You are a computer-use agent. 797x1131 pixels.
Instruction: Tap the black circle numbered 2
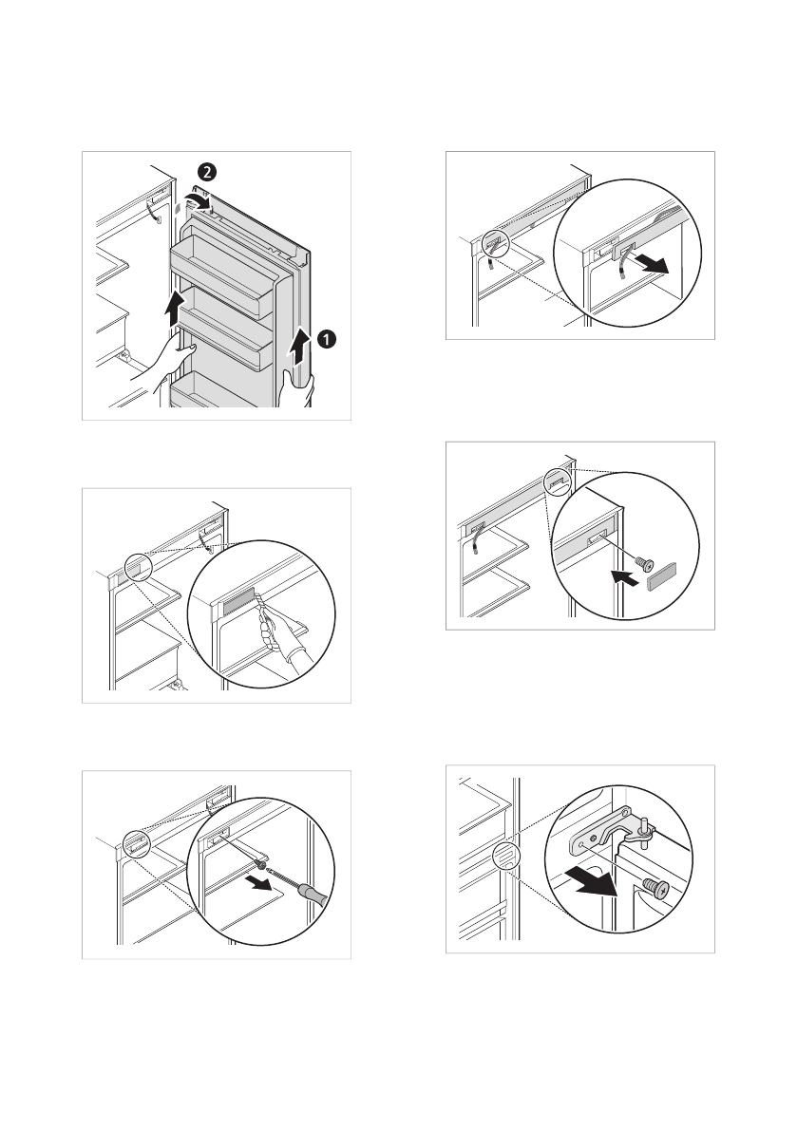point(206,172)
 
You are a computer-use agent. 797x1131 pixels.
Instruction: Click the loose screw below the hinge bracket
point(655,887)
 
